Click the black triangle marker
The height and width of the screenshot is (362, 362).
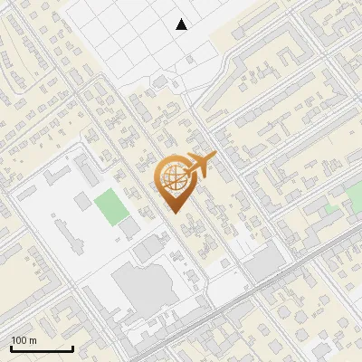[182, 24]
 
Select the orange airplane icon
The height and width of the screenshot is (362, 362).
[199, 166]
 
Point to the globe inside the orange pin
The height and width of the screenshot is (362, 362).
[175, 177]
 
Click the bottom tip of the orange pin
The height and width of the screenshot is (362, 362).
[176, 212]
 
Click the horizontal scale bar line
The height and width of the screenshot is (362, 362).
[42, 348]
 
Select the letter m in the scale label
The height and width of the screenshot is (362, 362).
[33, 341]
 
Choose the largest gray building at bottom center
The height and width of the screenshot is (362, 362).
[146, 289]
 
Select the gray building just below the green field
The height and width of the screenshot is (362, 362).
[129, 226]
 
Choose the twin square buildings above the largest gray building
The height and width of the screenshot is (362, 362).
[149, 249]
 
